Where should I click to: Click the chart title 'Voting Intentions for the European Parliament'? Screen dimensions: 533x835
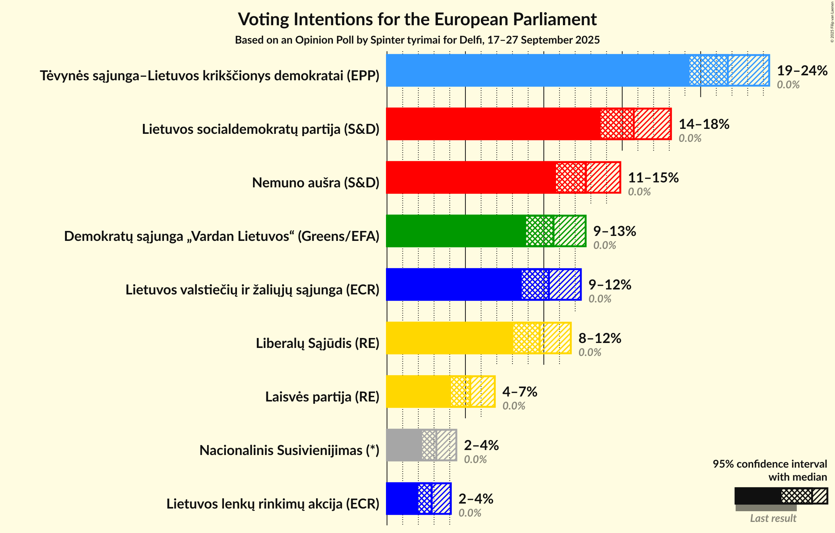417,19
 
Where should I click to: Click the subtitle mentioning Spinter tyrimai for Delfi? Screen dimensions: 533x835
417,40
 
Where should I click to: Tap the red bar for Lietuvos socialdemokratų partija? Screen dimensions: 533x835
493,124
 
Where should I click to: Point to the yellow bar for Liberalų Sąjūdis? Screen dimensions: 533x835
449,338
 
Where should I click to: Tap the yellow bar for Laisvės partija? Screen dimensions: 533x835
418,392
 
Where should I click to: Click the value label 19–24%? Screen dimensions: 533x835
802,71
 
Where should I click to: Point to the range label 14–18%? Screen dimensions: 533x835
704,124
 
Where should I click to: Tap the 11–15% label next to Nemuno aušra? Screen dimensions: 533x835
653,178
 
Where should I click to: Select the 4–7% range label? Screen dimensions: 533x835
520,392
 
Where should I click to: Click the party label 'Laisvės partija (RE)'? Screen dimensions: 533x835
322,397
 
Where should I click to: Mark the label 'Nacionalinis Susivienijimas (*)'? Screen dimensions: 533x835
289,450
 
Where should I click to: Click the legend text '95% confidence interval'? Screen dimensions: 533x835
770,464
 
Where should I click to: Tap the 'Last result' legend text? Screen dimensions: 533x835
773,518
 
